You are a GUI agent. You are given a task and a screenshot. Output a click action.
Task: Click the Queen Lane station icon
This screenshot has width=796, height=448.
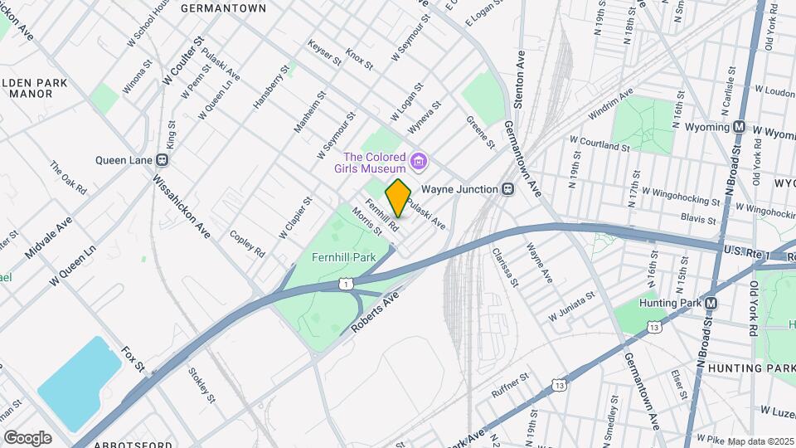click(x=171, y=160)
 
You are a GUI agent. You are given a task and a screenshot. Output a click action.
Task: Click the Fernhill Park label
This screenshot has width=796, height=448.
click(x=343, y=257)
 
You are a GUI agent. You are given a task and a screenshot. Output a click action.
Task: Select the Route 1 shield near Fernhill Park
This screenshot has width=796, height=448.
click(x=346, y=285)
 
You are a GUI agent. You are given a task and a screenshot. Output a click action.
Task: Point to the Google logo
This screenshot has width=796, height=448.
click(x=27, y=438)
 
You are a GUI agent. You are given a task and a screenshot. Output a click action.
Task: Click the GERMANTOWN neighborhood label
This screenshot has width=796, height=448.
click(x=223, y=8)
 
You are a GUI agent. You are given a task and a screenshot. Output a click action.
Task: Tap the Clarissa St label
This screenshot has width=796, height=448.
click(x=505, y=265)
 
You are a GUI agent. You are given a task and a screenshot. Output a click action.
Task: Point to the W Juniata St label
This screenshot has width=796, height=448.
click(x=571, y=306)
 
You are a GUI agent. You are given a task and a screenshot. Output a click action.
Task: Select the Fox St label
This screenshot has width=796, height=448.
click(x=133, y=359)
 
